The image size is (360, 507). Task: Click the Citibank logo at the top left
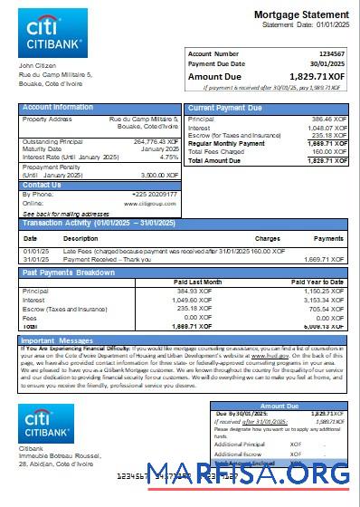point(52,33)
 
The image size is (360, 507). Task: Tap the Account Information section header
point(58,108)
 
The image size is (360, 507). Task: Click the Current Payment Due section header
point(227,108)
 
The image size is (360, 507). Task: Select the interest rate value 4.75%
point(168,157)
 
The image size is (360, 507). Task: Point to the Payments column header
point(327,238)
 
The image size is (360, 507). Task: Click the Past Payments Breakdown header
point(69,272)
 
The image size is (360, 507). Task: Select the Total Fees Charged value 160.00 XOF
point(327,151)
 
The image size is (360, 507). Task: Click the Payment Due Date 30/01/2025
point(327,63)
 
